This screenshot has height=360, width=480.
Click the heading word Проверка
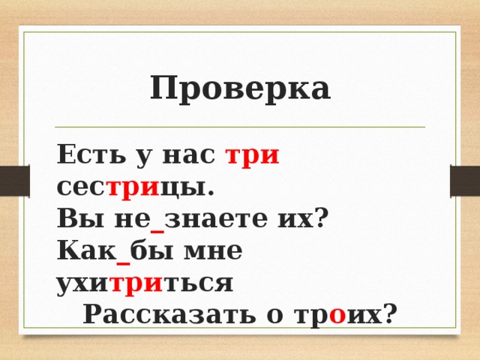pyautogui.click(x=240, y=88)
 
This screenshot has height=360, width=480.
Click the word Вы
pyautogui.click(x=73, y=219)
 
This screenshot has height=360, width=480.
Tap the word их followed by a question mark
pyautogui.click(x=301, y=219)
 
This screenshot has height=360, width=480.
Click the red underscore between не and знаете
pyautogui.click(x=157, y=226)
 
